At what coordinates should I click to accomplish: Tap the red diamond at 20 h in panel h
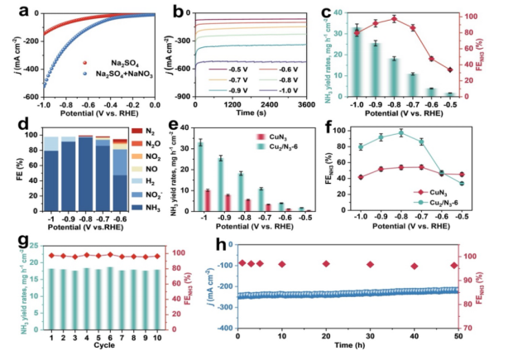pyautogui.click(x=326, y=264)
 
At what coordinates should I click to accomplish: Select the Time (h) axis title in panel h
pyautogui.click(x=346, y=349)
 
